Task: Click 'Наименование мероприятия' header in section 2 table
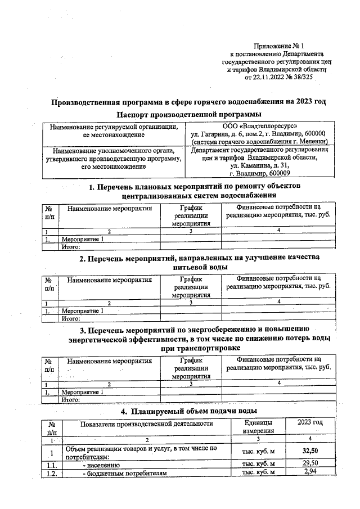110,278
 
